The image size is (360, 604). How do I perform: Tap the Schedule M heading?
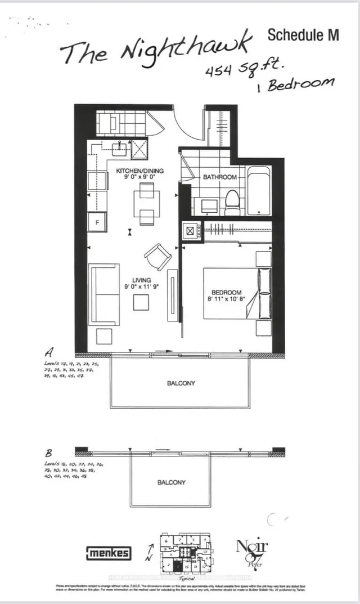tap(303, 35)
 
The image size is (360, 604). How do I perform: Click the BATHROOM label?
tap(220, 177)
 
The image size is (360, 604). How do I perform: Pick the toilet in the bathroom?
tap(232, 203)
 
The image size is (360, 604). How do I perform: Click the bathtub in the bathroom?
tap(259, 191)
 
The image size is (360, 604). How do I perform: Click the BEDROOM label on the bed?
tap(227, 292)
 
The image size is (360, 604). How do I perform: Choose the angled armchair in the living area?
tap(158, 257)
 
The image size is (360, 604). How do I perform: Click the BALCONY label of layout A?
tap(181, 383)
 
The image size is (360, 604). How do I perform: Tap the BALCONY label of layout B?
tap(171, 482)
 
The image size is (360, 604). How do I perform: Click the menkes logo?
tap(109, 553)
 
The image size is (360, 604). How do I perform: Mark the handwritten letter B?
tap(52, 453)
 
